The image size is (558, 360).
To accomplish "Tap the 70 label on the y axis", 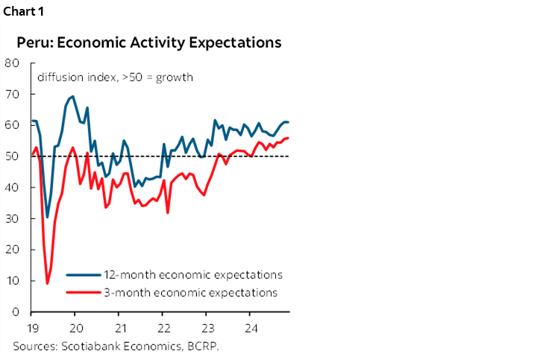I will [x=12, y=94].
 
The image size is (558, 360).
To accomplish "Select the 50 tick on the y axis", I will [x=12, y=157].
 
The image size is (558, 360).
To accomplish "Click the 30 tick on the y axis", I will [x=12, y=218].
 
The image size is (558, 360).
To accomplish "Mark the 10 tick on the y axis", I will [x=12, y=281].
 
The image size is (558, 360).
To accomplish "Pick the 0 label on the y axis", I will [x=15, y=312].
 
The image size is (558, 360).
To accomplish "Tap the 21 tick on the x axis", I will [x=119, y=327].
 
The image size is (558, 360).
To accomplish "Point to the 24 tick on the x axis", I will [x=251, y=327].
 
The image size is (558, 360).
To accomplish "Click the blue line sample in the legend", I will [x=82, y=274].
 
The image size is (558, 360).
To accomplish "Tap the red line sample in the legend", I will [x=82, y=292].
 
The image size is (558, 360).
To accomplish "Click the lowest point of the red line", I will [x=48, y=283].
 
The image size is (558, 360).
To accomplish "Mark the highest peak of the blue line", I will [x=72, y=96].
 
